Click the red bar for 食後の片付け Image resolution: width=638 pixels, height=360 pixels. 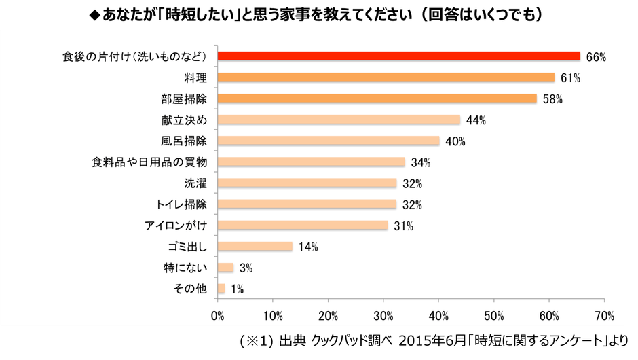click(x=399, y=56)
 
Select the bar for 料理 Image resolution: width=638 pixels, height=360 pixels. click(x=386, y=77)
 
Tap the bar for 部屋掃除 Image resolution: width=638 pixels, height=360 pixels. click(x=377, y=98)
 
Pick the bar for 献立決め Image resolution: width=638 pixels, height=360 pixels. click(x=339, y=120)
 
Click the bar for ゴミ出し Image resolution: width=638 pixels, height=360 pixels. click(x=255, y=247)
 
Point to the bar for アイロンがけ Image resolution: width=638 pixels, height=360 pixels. click(x=303, y=226)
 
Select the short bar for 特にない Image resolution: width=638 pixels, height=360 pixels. click(x=226, y=268)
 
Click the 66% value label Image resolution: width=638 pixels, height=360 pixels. click(x=596, y=57)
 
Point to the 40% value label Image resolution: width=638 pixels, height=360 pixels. click(x=455, y=141)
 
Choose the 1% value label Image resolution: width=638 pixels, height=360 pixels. click(x=237, y=289)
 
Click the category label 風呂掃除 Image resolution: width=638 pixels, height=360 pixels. click(x=185, y=141)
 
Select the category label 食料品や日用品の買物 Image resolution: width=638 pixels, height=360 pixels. click(x=153, y=162)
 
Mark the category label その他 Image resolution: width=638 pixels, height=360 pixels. click(x=191, y=289)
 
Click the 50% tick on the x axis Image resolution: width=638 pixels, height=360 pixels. click(x=493, y=316)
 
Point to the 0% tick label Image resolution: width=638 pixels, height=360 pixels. click(x=217, y=316)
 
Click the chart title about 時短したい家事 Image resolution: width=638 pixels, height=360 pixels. click(x=319, y=14)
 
